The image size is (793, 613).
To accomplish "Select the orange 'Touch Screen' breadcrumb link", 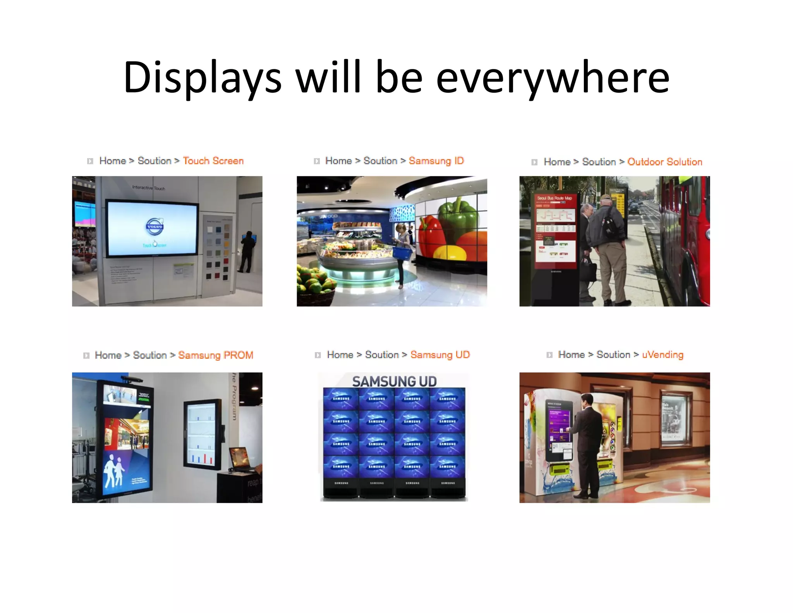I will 213,161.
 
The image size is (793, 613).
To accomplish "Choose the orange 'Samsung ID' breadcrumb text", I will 436,161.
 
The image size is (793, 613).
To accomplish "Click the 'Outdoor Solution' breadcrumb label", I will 664,162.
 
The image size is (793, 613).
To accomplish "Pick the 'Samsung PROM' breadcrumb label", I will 216,355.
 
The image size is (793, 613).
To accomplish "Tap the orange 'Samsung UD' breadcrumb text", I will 440,355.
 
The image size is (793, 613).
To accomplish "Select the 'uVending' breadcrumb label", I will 663,355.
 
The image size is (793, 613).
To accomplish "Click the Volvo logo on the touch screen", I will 154,227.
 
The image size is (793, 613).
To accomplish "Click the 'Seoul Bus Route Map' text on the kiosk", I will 554,198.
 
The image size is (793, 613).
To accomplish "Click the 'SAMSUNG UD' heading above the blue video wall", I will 394,382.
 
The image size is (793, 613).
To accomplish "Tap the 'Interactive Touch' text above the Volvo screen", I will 148,188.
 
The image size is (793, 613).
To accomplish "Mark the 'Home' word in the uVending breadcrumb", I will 571,355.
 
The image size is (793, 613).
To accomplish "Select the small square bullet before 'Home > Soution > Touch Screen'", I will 90,161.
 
